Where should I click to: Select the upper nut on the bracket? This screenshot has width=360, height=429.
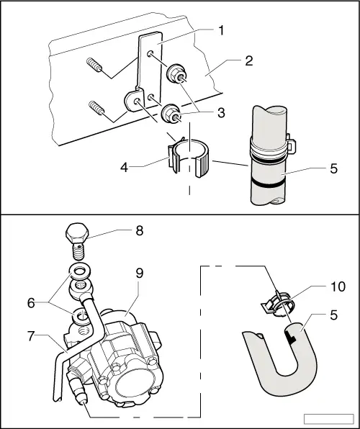(x=176, y=74)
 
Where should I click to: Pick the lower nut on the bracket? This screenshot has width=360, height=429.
(x=171, y=112)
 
